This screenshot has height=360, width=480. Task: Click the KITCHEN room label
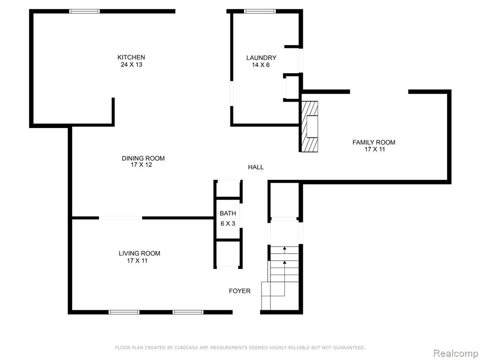(x=131, y=57)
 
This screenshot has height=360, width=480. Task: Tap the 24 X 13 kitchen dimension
(x=132, y=65)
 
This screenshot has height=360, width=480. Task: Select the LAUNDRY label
(x=261, y=58)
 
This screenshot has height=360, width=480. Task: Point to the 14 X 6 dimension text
(x=261, y=65)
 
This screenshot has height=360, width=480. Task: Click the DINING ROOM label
(x=143, y=158)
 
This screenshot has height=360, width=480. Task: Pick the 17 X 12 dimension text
(x=142, y=165)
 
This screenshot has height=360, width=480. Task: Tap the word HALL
(x=255, y=167)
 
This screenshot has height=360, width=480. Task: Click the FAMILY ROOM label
(x=374, y=142)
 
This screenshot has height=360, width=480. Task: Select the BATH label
(x=228, y=213)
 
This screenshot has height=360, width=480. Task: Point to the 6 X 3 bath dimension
(x=228, y=224)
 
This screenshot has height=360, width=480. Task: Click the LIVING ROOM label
(x=139, y=254)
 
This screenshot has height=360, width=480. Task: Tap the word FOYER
(x=240, y=291)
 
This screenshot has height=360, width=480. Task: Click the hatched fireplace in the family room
(x=310, y=127)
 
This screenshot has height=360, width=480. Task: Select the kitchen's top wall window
(x=84, y=11)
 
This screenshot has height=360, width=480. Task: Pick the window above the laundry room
(x=260, y=11)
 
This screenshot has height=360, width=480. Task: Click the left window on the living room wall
(x=124, y=312)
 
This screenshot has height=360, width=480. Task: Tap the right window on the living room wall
(x=188, y=312)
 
